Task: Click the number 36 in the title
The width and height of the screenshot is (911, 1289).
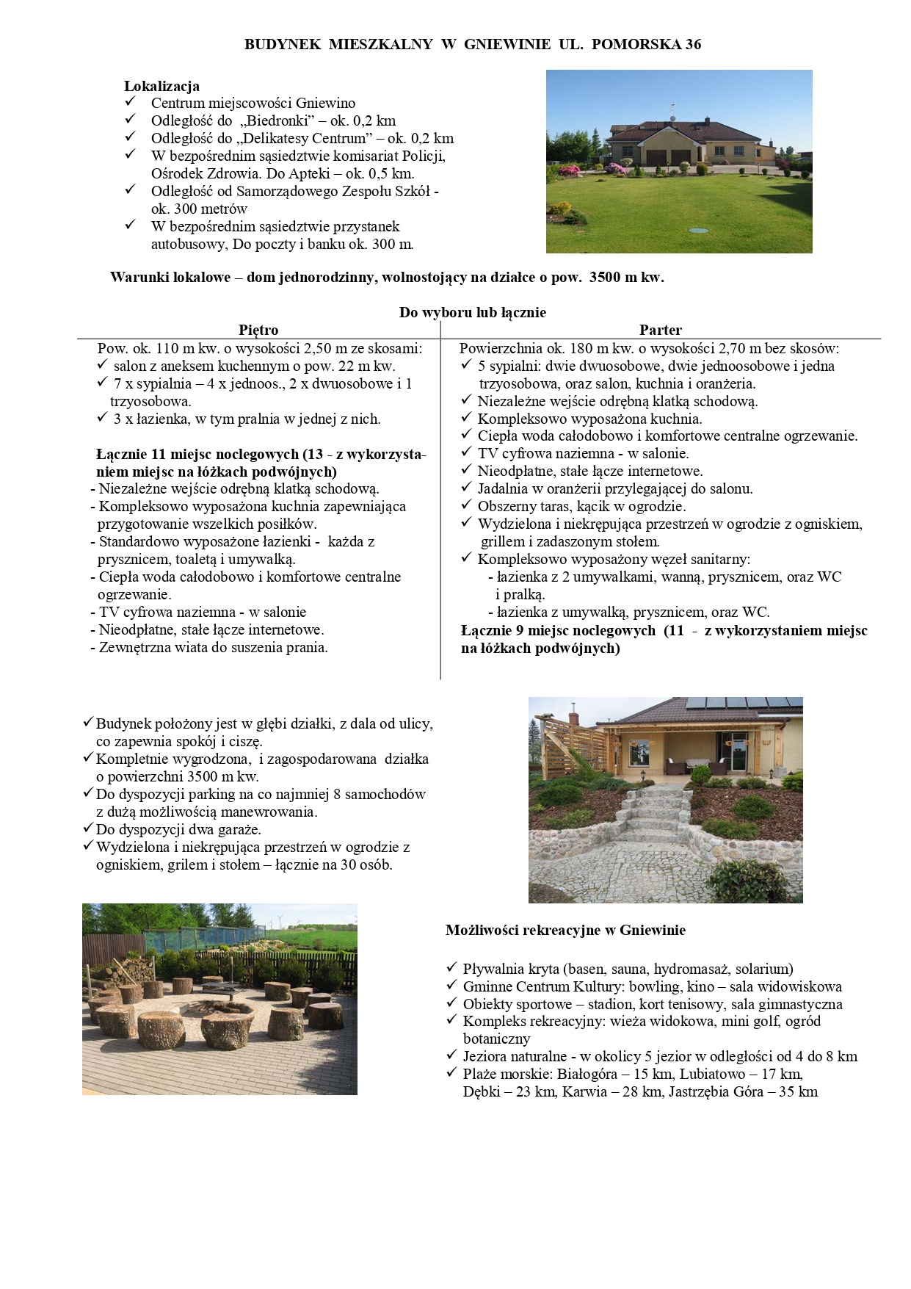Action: tap(693, 44)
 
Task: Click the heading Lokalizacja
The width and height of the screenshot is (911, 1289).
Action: tap(161, 86)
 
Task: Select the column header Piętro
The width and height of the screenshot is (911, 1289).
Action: tap(258, 330)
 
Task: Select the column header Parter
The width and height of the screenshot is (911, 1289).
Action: tap(660, 330)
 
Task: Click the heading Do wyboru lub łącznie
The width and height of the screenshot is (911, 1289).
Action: tap(472, 312)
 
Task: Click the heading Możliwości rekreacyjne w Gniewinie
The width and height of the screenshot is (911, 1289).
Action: tap(565, 930)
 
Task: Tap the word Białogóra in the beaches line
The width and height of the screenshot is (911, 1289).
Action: tap(587, 1074)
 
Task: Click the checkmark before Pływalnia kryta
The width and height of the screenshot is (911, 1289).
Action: tap(451, 969)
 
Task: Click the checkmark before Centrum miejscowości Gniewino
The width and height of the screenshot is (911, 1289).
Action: tap(131, 103)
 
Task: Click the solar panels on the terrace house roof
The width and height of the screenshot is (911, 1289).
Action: tap(741, 704)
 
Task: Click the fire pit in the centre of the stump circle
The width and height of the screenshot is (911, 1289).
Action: tap(213, 1008)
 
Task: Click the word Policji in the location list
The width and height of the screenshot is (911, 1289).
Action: tap(423, 156)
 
